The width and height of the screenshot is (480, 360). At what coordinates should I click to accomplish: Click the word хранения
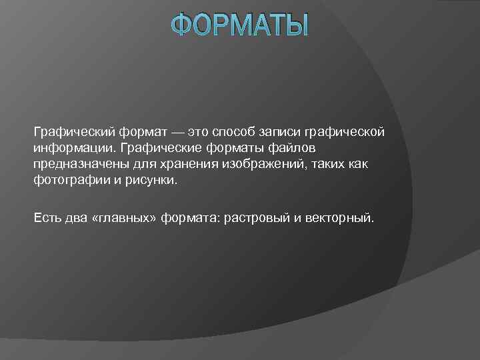[x=186, y=164]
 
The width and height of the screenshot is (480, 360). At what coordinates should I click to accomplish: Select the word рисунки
[x=155, y=181]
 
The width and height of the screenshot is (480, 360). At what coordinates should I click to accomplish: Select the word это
[x=199, y=131]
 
